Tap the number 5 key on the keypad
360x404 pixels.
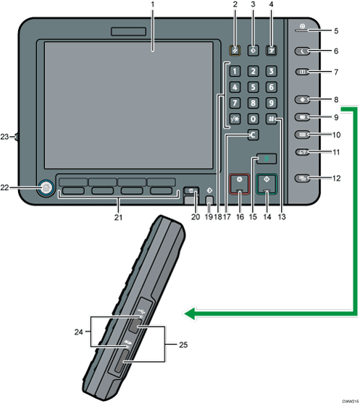(252, 87)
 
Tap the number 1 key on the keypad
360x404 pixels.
(235, 72)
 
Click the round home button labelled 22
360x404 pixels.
(46, 188)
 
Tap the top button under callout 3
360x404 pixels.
(252, 51)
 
